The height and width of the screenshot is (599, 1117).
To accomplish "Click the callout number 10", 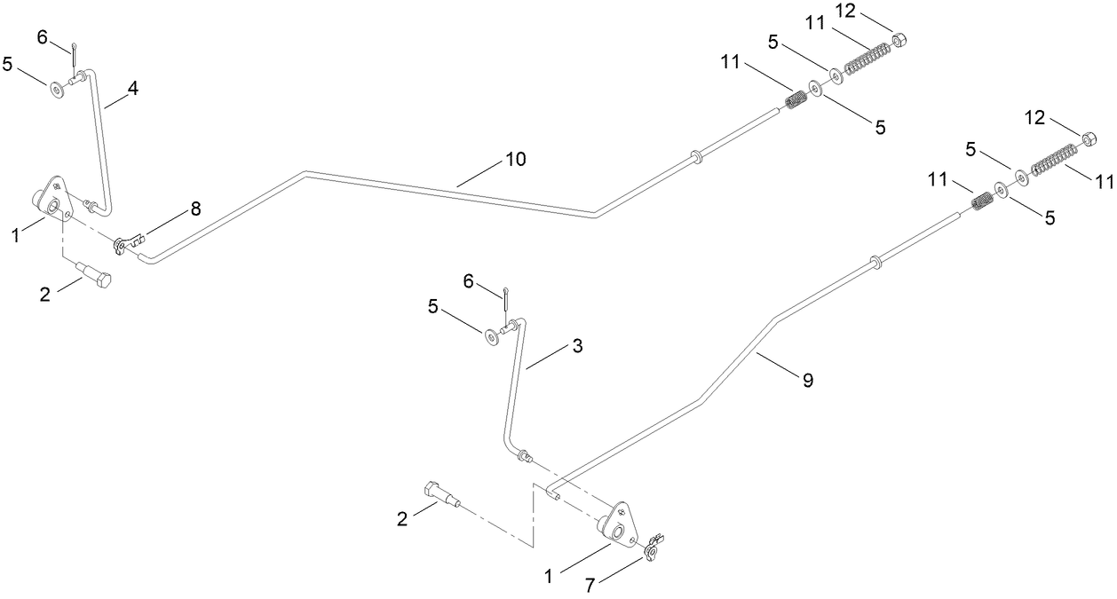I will pyautogui.click(x=516, y=160).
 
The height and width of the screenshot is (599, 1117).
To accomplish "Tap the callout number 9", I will pyautogui.click(x=807, y=381).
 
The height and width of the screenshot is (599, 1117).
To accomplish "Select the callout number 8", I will pyautogui.click(x=195, y=209).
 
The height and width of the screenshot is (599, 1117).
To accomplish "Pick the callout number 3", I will pyautogui.click(x=577, y=346).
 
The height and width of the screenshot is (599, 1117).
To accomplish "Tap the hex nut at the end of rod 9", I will pyautogui.click(x=1086, y=138).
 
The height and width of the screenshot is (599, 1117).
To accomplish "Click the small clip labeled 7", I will pyautogui.click(x=654, y=548).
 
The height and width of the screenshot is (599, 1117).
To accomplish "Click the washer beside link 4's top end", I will pyautogui.click(x=58, y=87).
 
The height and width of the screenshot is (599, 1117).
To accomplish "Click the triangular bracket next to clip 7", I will pyautogui.click(x=620, y=524).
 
